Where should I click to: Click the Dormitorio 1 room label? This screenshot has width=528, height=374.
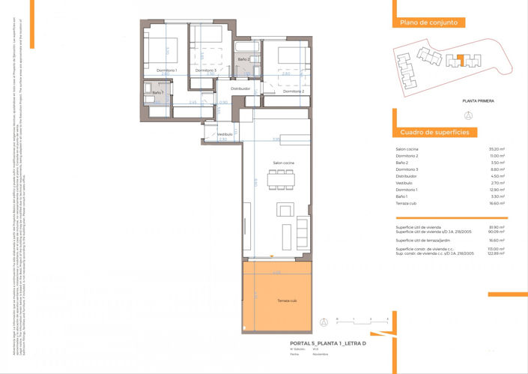(x=166, y=70)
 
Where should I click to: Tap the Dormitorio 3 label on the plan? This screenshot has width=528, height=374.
(x=204, y=70)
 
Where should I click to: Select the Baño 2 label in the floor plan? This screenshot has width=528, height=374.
(x=244, y=58)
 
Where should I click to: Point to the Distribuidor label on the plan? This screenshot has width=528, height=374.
(x=240, y=88)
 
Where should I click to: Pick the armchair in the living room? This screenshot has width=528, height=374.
(x=285, y=209)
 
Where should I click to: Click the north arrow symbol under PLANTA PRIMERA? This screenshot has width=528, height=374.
(x=468, y=115)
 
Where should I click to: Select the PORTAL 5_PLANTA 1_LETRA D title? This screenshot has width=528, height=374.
(x=328, y=343)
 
